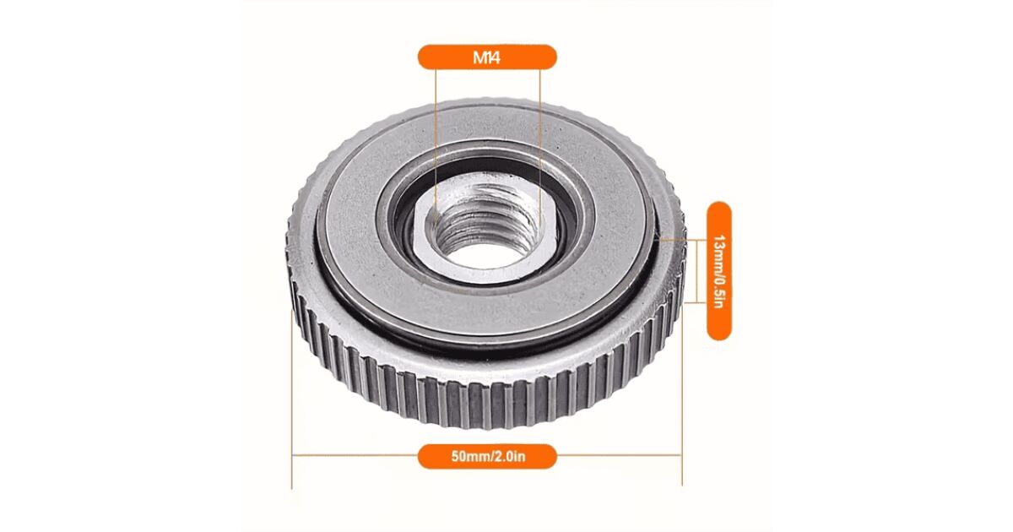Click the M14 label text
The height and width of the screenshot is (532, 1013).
point(486,58)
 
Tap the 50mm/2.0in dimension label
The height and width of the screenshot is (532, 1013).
point(488,456)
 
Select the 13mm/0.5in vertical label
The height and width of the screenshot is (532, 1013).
point(718,271)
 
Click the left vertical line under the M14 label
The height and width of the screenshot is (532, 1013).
point(436,145)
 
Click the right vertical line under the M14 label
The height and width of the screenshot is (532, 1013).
point(539,145)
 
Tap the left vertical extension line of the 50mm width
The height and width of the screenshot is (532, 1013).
point(292,399)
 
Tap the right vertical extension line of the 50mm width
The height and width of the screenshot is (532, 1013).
point(682,394)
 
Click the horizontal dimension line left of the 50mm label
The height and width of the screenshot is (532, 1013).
point(355,455)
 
